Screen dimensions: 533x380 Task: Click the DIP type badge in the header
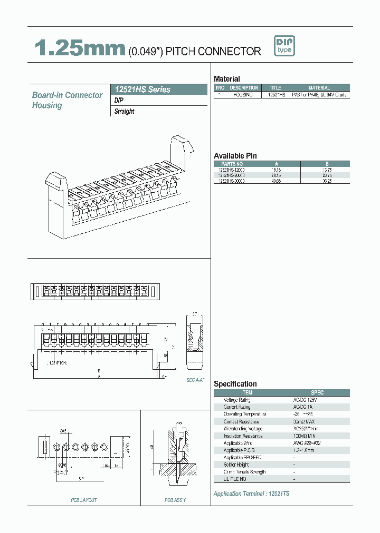[x=284, y=46]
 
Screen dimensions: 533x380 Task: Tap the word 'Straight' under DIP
[x=125, y=112]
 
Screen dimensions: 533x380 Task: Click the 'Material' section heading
[x=227, y=78]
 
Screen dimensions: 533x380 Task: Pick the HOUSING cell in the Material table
[x=243, y=95]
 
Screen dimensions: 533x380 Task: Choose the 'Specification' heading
[x=235, y=384]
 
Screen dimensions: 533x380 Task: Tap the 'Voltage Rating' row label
[x=237, y=400]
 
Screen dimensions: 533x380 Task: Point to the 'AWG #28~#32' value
[x=322, y=443]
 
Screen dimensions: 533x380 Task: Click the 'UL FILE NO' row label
[x=235, y=479]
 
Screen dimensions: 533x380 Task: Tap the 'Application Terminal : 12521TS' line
[x=251, y=494]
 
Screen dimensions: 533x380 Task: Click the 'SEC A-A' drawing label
[x=195, y=380]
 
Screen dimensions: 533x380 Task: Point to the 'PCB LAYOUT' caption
[x=84, y=500]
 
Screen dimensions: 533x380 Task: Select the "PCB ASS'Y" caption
[x=175, y=500]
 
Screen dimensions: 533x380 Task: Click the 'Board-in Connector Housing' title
[x=67, y=100]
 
